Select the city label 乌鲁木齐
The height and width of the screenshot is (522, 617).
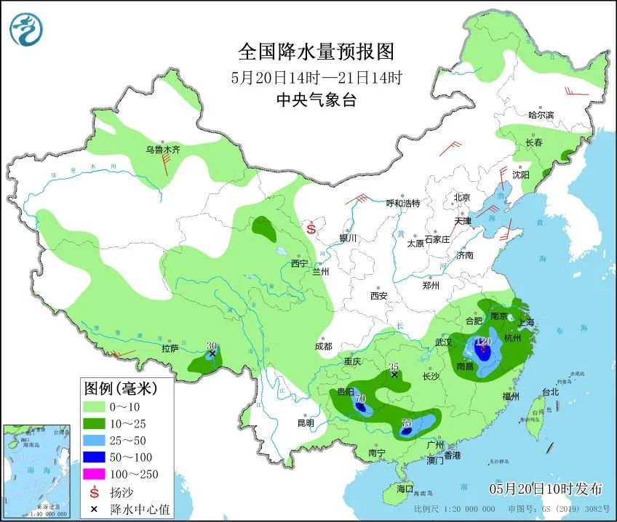click(162, 150)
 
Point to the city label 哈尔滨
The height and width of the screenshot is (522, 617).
click(541, 115)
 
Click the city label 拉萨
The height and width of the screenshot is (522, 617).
click(170, 348)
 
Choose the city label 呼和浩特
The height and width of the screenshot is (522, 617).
click(402, 204)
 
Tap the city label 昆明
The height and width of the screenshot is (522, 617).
click(306, 423)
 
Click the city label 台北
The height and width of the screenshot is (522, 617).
click(549, 393)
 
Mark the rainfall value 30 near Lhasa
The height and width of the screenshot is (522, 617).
click(212, 346)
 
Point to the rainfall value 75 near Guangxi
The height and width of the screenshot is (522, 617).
click(407, 423)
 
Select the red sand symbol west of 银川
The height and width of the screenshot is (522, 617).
click(311, 228)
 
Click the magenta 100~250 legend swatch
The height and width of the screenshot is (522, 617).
click(94, 475)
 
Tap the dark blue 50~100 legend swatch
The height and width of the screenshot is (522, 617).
click(94, 457)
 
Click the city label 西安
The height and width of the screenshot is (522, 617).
click(378, 296)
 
